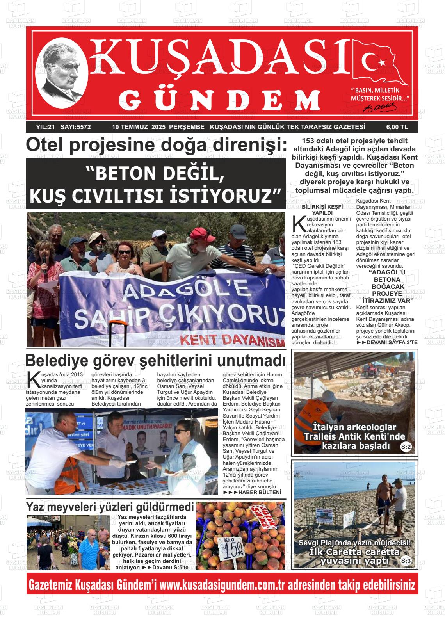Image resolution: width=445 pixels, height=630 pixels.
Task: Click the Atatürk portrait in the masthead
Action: click(61, 74)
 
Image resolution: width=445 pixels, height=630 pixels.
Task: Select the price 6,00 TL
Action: click(397, 127)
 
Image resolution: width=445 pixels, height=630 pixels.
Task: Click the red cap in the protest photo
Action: click(201, 234)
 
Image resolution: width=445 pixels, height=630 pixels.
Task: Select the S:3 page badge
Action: click(406, 561)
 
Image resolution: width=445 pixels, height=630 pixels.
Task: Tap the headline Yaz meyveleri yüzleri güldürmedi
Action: click(110, 507)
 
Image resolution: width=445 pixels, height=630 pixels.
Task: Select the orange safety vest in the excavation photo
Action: click(310, 425)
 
